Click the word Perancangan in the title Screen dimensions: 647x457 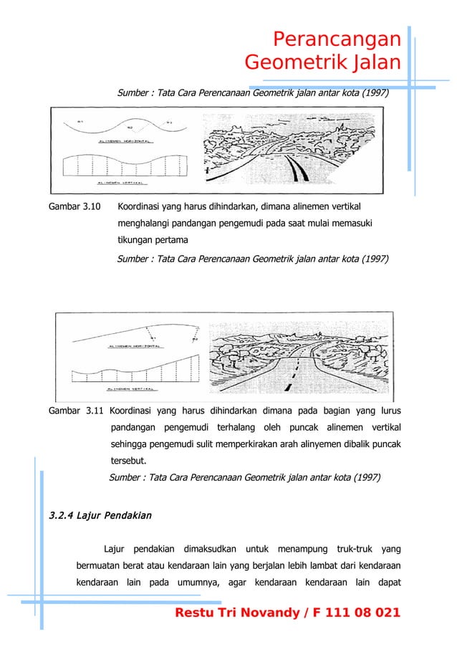click(x=337, y=39)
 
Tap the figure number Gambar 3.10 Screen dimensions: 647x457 click(x=74, y=207)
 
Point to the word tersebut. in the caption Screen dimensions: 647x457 click(x=130, y=461)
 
